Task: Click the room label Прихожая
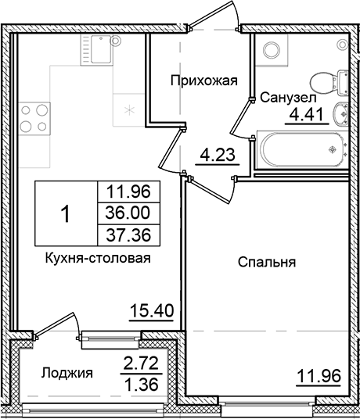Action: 203,79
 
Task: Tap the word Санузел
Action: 288,98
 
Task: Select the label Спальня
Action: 266,263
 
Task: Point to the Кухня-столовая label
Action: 98,257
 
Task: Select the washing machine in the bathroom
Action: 272,51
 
